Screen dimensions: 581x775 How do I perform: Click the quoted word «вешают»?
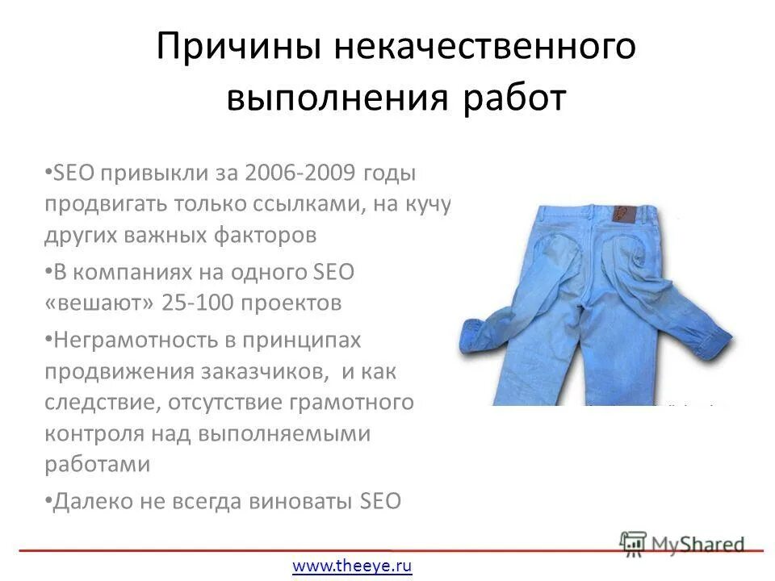[100, 303]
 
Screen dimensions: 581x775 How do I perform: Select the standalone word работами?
[97, 464]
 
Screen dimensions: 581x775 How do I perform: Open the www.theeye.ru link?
[352, 566]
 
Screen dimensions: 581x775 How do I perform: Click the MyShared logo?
[682, 542]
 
